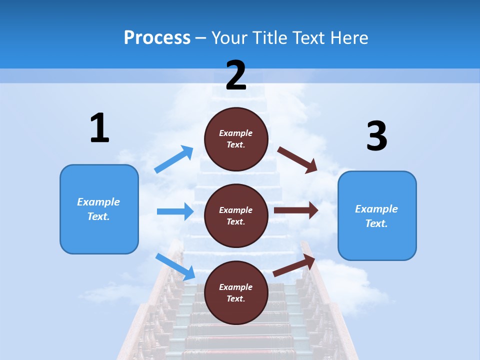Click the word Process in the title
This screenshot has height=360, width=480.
pos(157,37)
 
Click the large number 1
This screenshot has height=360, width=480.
pos(99,128)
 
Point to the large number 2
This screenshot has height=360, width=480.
pos(236,75)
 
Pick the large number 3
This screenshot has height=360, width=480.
pos(376,136)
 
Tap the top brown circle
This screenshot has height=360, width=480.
pos(236,139)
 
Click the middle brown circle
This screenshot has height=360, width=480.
pos(236,215)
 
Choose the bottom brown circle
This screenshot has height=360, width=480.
pos(236,292)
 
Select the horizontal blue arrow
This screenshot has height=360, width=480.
pos(175,211)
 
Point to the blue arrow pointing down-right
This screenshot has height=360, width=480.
pos(175,266)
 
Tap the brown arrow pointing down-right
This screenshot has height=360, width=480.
pos(297,159)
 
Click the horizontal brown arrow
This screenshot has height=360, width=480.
pos(296,210)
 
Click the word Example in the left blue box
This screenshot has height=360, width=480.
pos(98,202)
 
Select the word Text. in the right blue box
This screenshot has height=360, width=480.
pos(376,223)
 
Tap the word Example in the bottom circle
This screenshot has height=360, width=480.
pos(235,287)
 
